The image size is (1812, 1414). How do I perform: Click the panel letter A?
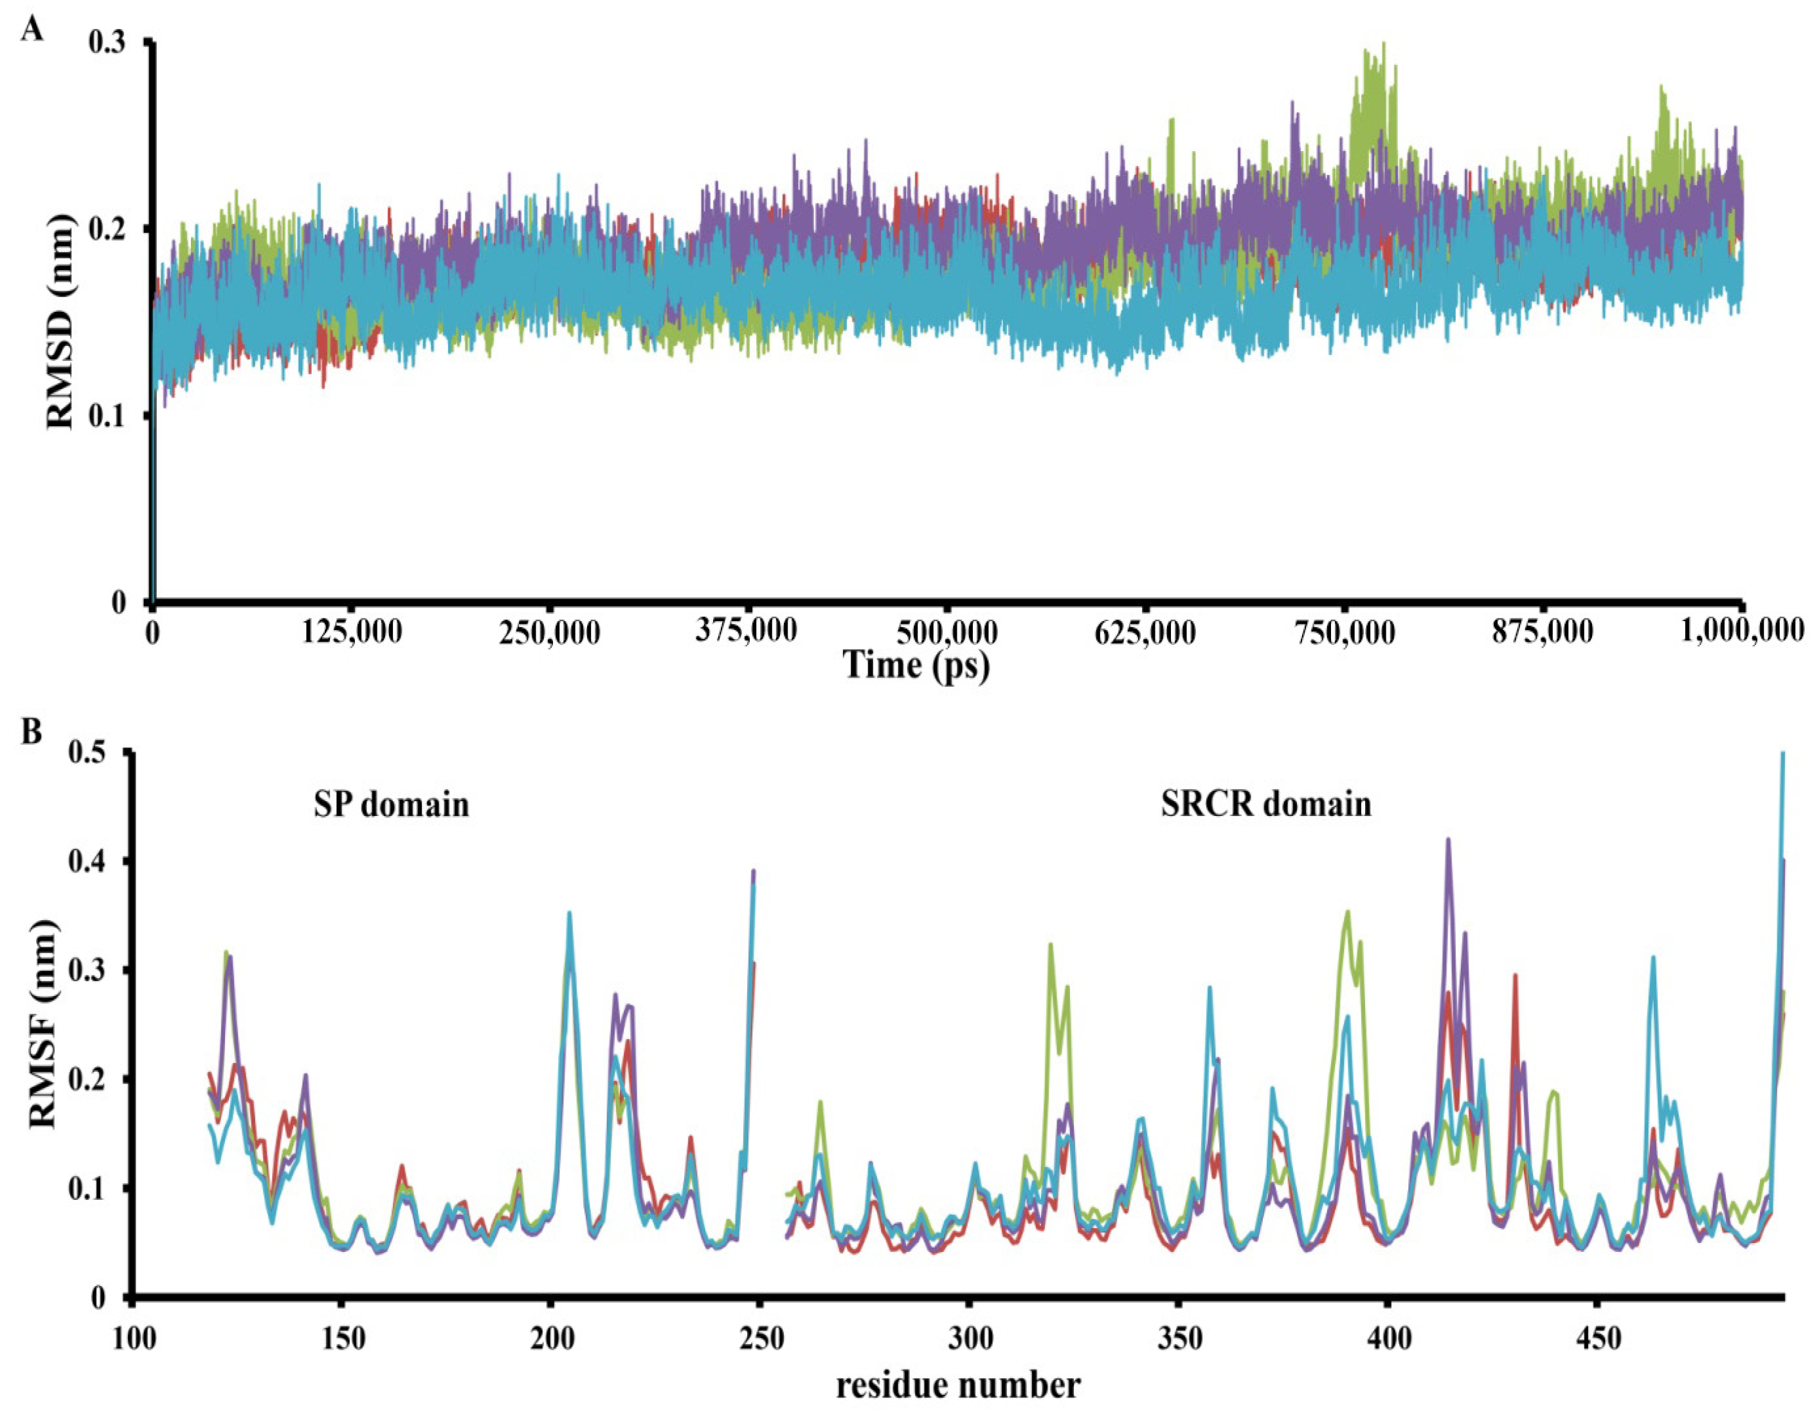pos(31,31)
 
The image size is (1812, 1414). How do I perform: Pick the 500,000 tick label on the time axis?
pos(948,633)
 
